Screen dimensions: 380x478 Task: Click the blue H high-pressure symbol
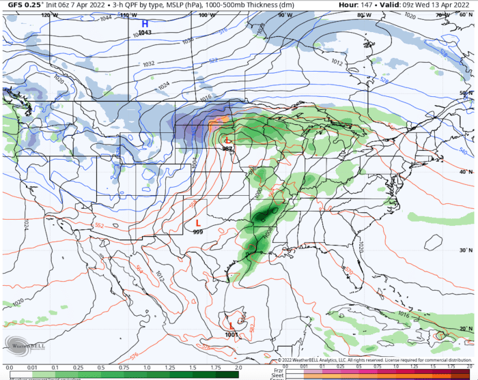point(145,24)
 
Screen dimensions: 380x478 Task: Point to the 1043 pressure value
point(145,33)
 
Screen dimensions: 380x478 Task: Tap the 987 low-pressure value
point(227,148)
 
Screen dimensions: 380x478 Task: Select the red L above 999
point(198,223)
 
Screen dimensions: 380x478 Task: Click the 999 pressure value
point(198,232)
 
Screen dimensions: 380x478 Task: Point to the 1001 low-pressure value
point(231,334)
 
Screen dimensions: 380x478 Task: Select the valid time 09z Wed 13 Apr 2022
point(430,5)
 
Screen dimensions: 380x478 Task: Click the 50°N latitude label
point(466,93)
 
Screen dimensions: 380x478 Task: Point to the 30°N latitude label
point(466,250)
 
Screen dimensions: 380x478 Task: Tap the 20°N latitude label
point(466,329)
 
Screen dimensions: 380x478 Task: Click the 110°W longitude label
point(127,15)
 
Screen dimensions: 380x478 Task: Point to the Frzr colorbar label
point(279,369)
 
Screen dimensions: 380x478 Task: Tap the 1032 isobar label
point(148,63)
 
